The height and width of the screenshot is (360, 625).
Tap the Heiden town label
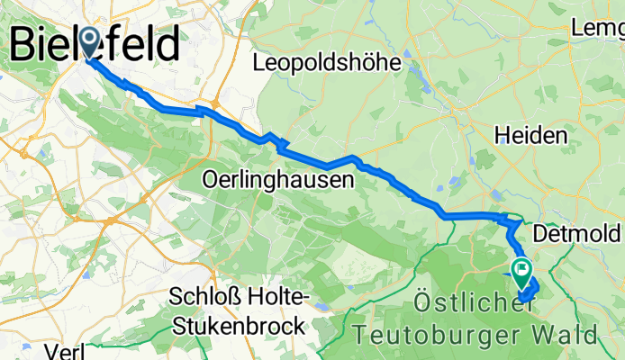click(x=530, y=136)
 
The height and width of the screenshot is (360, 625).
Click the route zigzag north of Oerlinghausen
click(x=275, y=140)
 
